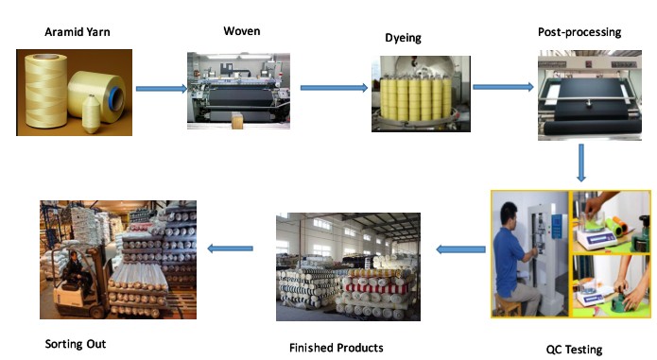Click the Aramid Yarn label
[78, 32]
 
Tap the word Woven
[242, 31]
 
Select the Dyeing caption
[403, 38]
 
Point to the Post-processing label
[579, 32]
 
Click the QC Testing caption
[574, 349]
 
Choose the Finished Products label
[336, 348]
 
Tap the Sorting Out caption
[76, 344]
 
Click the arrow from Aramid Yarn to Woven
[162, 88]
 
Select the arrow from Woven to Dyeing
[334, 88]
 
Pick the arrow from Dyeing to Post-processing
[503, 87]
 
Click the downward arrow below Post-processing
[580, 163]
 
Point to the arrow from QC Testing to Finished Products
[461, 249]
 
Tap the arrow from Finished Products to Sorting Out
[230, 249]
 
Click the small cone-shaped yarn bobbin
[91, 114]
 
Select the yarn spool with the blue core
[97, 95]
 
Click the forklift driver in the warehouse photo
[78, 271]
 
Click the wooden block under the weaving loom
[237, 120]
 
